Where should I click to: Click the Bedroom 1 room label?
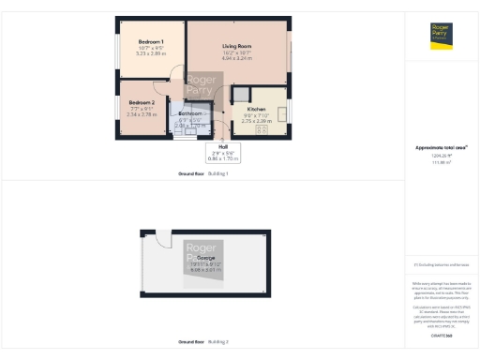pos(151,43)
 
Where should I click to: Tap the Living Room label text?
pos(236,46)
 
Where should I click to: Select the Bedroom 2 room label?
pos(141,102)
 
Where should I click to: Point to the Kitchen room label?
pos(256,109)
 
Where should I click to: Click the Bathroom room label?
pos(190,113)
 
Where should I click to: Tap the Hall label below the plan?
pos(223,146)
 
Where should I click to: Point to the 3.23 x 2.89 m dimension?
pos(151,55)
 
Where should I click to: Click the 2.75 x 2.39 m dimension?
pos(256,121)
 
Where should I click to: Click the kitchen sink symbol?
pos(280,109)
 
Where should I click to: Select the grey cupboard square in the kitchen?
pos(241,94)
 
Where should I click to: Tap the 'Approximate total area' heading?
pos(441,147)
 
